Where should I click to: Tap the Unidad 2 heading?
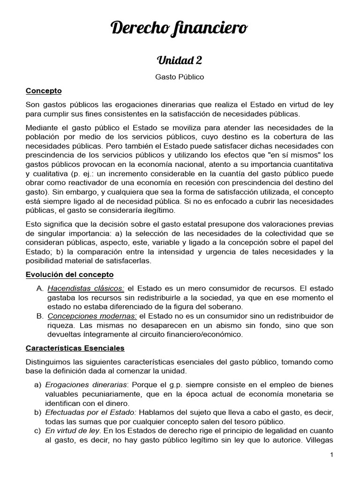tap(180, 60)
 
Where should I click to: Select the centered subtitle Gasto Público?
tap(180, 76)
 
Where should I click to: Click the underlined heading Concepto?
tap(44, 90)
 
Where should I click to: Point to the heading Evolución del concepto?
tap(69, 274)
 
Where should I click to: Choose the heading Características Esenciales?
tap(75, 348)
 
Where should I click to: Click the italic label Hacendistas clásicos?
tap(85, 288)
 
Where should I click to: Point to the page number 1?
tap(331, 455)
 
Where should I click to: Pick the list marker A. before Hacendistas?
tap(40, 288)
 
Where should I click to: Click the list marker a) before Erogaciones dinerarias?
tap(38, 384)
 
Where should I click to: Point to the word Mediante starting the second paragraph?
tap(41, 127)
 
